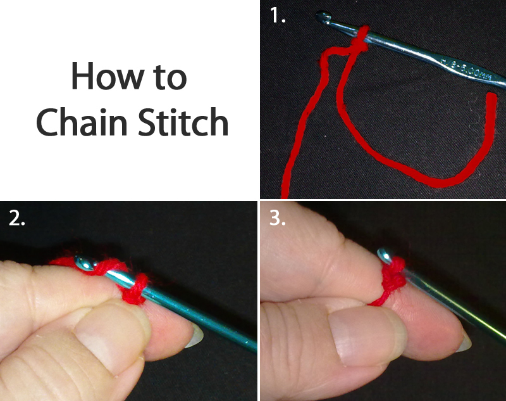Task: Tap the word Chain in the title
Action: tap(75, 122)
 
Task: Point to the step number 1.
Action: tap(277, 16)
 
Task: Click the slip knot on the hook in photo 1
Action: tap(359, 41)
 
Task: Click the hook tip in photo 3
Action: tap(383, 254)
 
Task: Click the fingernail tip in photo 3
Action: tap(466, 343)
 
